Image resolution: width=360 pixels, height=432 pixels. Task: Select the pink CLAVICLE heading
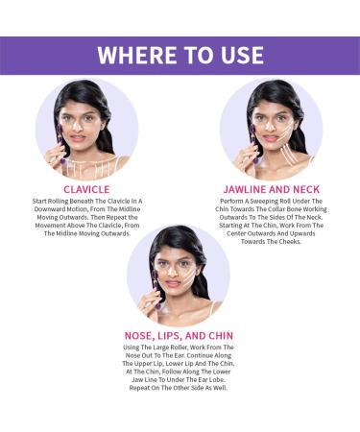coord(87,189)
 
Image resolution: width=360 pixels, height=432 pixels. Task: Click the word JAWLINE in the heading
coord(243,189)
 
